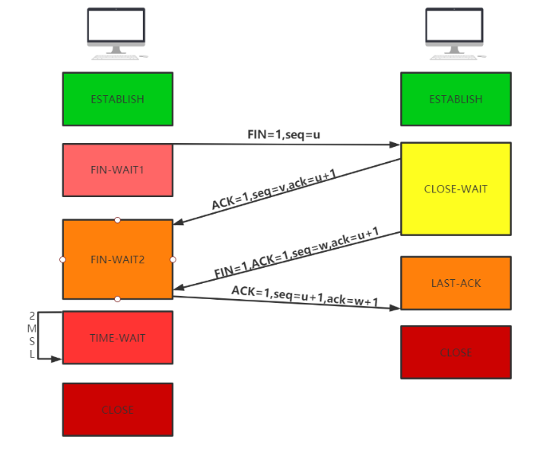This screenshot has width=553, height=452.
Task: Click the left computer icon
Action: pos(116,33)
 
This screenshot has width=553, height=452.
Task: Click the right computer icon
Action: pos(455,33)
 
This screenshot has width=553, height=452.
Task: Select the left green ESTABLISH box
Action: pos(117,99)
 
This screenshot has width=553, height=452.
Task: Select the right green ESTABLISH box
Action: pos(456,99)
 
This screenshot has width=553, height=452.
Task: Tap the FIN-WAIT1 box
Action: pos(117,169)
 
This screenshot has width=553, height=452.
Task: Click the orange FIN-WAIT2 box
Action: pos(117,259)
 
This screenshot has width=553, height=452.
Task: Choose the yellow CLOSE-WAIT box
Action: pos(456,188)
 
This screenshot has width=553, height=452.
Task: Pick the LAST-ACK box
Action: pos(456,283)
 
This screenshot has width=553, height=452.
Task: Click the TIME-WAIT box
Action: pos(117,338)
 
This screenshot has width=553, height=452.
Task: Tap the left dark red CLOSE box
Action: pos(117,409)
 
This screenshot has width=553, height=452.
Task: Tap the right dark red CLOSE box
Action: pos(456,352)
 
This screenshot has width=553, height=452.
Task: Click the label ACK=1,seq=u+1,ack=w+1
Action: pos(304,296)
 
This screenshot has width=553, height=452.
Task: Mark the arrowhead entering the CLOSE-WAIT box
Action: pos(395,145)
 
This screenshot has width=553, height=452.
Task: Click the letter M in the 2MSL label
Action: pos(32,328)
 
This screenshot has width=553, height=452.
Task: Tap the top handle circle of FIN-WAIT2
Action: pos(117,220)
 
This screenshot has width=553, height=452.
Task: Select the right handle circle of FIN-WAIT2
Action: pos(173,259)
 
